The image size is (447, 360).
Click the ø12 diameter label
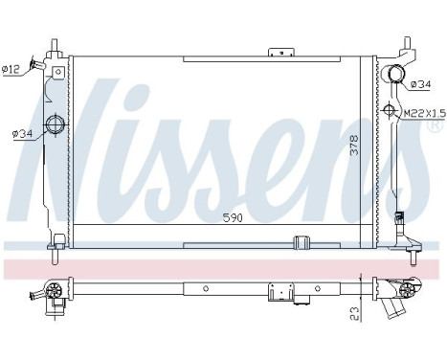tap(12, 68)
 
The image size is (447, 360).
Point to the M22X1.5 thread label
tap(422, 113)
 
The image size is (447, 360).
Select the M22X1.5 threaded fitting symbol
tap(391, 111)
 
